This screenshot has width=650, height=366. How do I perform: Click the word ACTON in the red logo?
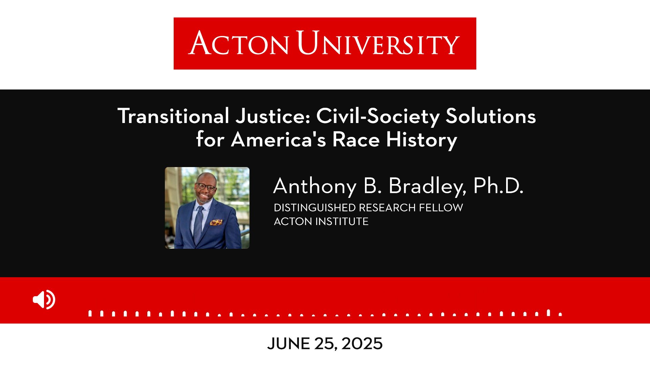coord(239,43)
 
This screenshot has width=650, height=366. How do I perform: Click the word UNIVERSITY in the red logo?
coord(378,43)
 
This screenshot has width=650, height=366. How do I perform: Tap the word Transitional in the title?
coord(173,116)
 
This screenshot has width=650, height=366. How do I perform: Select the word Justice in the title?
coord(273,116)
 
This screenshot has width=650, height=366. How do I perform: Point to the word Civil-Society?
coord(378,117)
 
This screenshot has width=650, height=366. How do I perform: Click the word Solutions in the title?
coord(491,116)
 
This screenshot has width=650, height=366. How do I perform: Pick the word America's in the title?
coord(278,139)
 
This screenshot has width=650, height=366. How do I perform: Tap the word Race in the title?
coord(356,139)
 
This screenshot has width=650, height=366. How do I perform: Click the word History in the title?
coord(421,140)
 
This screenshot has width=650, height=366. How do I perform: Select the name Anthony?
coord(315,186)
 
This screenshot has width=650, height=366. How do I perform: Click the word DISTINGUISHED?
coord(315,207)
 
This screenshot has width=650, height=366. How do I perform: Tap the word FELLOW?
coord(441,207)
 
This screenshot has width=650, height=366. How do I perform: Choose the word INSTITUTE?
coord(342,221)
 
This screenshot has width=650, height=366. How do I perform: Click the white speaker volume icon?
coord(44,300)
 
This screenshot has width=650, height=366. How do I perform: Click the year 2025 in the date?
coord(362,344)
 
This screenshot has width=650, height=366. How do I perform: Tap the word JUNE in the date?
coord(288,344)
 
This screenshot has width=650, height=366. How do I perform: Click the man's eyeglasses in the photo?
coord(206,186)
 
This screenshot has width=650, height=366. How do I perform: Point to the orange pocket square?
coord(216,222)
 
